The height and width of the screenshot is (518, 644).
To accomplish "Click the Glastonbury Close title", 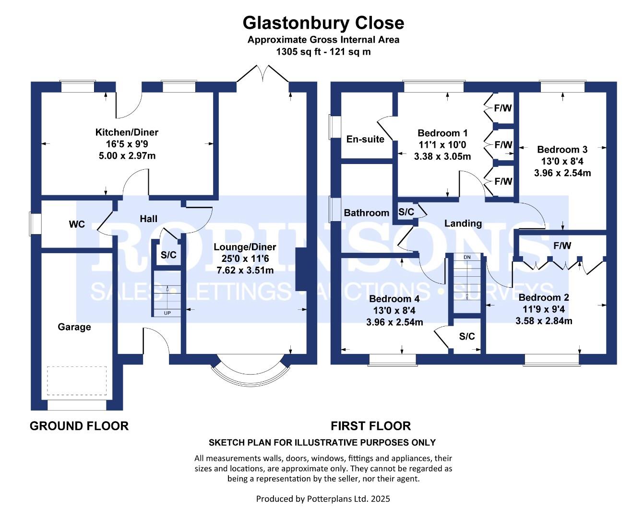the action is click(323, 23).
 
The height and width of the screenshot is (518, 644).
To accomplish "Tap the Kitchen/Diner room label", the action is click(127, 132).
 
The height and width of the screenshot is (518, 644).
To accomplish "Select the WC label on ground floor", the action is click(77, 224).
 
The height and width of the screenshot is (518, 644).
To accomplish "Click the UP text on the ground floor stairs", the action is click(167, 313).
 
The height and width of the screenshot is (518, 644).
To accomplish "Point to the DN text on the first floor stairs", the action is click(467, 257).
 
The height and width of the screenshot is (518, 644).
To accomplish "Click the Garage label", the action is click(74, 327).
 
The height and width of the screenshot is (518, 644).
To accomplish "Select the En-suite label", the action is click(365, 139).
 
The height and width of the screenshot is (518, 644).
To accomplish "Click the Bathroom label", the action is click(367, 212).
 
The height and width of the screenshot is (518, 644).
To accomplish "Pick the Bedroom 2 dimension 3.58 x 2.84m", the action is click(544, 321).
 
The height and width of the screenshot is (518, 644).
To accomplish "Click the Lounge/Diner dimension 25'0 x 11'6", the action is click(245, 259).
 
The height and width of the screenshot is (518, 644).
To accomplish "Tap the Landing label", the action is click(463, 224).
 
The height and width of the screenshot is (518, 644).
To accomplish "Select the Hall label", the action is click(148, 219).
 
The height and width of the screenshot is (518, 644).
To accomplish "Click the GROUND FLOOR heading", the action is click(79, 426).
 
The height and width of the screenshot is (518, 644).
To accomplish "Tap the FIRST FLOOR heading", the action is click(371, 426).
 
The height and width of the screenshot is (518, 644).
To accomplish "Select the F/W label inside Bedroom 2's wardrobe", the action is click(562, 246).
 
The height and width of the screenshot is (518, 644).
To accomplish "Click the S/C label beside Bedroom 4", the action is click(467, 336).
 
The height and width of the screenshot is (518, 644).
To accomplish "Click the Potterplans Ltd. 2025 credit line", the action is click(323, 498).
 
